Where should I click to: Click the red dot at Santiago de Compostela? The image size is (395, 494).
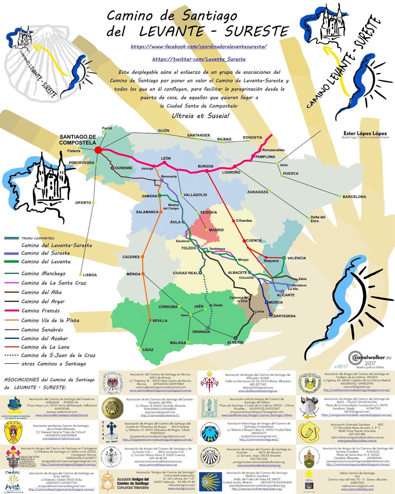[98, 150]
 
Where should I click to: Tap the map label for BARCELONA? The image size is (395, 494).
[354, 197]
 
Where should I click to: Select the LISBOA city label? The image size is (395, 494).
[90, 275]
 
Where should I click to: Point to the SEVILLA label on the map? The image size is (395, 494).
[160, 320]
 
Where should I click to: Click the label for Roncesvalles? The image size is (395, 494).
[273, 150]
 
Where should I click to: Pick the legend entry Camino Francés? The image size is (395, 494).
[40, 311]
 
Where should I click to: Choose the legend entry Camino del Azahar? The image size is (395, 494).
[44, 338]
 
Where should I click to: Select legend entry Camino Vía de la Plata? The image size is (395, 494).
[50, 320]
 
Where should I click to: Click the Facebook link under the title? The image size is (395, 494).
[199, 47]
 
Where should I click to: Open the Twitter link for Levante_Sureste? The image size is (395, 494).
[199, 59]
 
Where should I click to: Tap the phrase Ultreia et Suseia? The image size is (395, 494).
[201, 116]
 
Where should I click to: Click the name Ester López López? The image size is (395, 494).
[365, 133]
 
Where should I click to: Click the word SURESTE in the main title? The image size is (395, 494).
[257, 31]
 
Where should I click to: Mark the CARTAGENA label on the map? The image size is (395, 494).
[285, 316]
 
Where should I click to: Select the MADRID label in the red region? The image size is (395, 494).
[216, 230]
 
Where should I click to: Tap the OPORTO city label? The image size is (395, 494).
[83, 203]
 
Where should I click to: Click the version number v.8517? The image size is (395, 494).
[341, 366]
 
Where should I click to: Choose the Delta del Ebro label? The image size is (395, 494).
[318, 219]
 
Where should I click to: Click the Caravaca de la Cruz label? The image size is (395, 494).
[238, 299]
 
